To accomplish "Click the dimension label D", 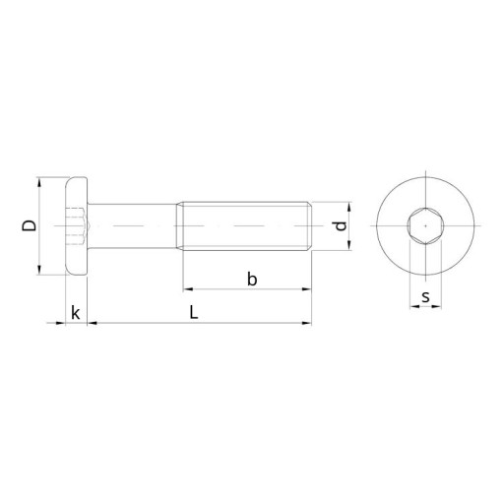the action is pyautogui.click(x=29, y=225).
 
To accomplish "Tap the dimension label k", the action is pyautogui.click(x=76, y=312).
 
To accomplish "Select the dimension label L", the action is pyautogui.click(x=194, y=312).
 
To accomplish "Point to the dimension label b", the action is pyautogui.click(x=252, y=280).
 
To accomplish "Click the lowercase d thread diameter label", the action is pyautogui.click(x=342, y=226).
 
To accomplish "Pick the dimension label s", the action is pyautogui.click(x=425, y=297).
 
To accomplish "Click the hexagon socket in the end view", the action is pyautogui.click(x=425, y=225).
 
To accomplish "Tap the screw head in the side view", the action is pyautogui.click(x=77, y=225).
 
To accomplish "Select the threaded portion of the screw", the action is pyautogui.click(x=244, y=226).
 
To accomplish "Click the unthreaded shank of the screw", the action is pyautogui.click(x=132, y=226).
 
